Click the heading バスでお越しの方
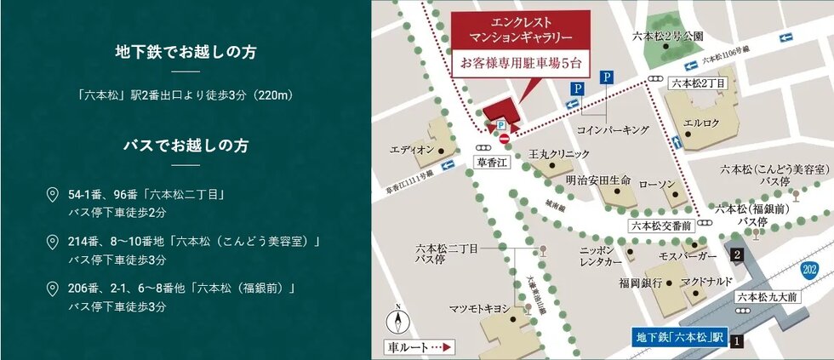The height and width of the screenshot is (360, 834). click(x=185, y=146)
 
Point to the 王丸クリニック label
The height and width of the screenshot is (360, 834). click(x=558, y=154)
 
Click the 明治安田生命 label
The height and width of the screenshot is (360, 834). click(x=598, y=181)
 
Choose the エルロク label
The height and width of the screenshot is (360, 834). click(x=702, y=123)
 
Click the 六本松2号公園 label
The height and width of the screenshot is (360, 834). click(x=669, y=37)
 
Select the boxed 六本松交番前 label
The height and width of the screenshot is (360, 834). click(x=662, y=226)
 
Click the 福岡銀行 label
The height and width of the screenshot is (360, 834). click(x=642, y=283)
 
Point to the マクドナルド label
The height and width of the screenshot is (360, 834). click(x=702, y=283)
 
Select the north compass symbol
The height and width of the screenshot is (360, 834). click(x=397, y=322)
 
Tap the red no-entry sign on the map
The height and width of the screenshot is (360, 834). click(x=505, y=139)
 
